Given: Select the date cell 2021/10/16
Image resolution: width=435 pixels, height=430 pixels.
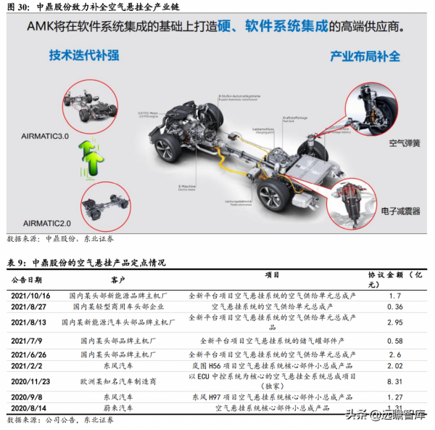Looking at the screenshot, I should [31, 296].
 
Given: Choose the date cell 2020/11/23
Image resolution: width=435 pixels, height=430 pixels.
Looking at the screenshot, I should [31, 380].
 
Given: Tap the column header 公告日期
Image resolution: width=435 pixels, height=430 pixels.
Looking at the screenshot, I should [27, 279].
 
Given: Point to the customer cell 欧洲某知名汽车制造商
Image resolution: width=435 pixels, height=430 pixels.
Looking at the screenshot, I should [118, 380].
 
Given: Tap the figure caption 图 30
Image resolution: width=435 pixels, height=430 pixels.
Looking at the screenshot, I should [18, 7].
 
